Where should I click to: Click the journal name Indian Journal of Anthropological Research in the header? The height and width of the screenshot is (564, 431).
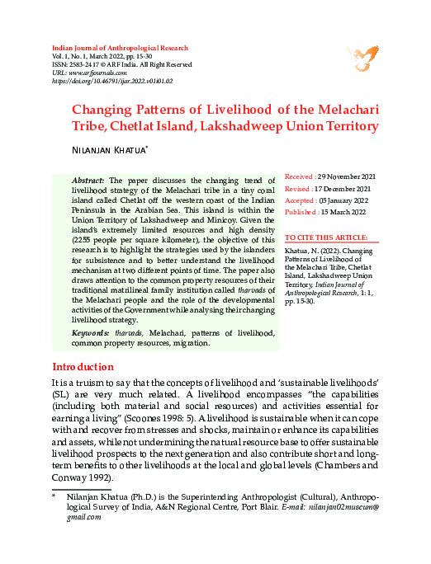click(119, 49)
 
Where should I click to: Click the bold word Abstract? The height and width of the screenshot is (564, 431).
click(88, 180)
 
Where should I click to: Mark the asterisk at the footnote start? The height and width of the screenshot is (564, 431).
click(54, 497)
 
